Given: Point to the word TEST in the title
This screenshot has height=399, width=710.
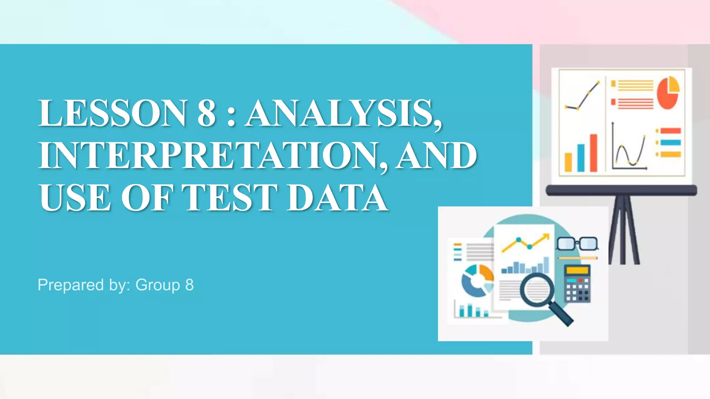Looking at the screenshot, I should pos(230,198).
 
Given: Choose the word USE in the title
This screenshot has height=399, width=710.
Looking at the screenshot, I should pos(75,198).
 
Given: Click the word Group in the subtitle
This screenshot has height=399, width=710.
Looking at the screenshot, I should pos(157,285).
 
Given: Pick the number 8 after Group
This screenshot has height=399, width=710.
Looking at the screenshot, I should pos(189,285).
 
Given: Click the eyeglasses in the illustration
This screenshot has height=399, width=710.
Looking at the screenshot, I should pos(577,243).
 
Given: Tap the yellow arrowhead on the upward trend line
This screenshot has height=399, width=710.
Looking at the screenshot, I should pos(546,237).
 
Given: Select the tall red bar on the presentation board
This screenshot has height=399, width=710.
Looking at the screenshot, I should pos(594,153).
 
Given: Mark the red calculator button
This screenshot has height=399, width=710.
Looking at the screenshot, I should pos(580,280).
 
